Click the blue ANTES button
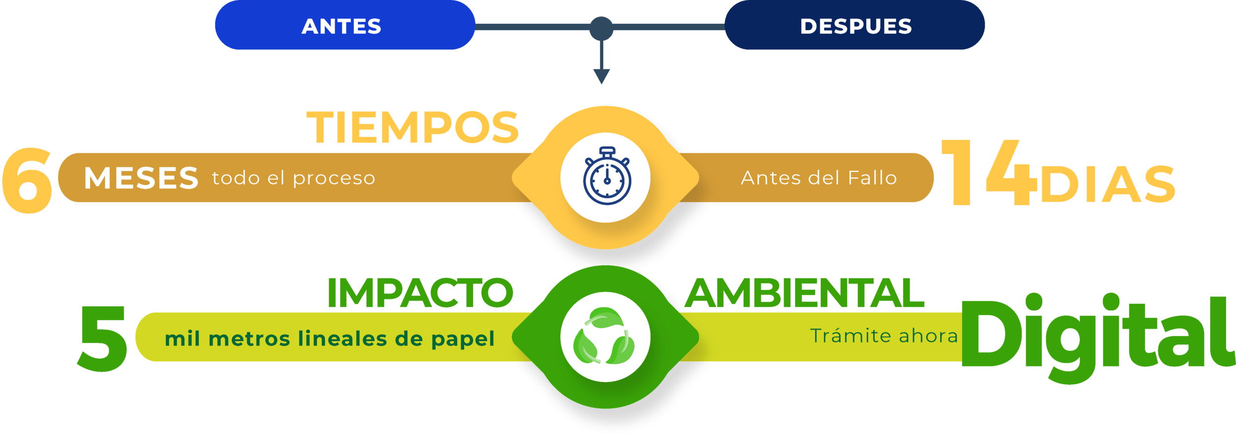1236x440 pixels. [345, 25]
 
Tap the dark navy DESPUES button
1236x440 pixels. [855, 25]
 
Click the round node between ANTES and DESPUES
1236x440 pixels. [601, 28]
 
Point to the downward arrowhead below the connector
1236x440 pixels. [601, 76]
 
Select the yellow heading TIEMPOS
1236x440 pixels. [413, 128]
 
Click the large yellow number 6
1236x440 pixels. [27, 181]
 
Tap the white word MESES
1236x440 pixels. [141, 178]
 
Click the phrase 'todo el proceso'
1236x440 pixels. [294, 178]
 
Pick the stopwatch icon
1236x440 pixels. [607, 176]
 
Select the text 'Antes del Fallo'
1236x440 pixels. [819, 178]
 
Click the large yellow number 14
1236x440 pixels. [988, 173]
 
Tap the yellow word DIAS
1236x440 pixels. [1107, 184]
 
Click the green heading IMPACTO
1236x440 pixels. [420, 293]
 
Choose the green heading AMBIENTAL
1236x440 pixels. [804, 293]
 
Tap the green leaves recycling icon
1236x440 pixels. [604, 337]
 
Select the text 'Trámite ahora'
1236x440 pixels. [884, 336]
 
